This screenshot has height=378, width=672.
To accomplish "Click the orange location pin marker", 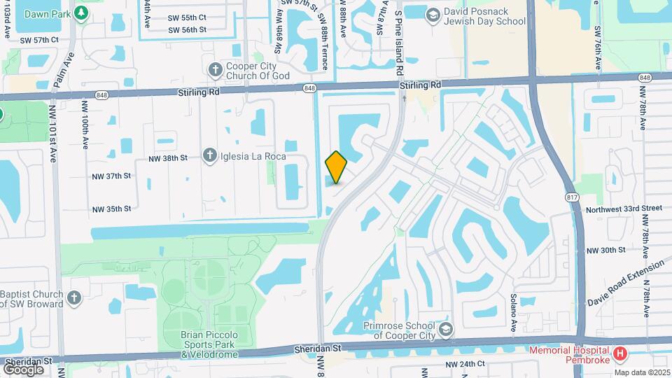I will pos(336,167).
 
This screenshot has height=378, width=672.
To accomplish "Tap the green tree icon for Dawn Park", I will pos(82,12).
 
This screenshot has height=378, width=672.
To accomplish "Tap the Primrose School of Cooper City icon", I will pos(444,329).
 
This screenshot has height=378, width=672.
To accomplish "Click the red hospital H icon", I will pos(619,355).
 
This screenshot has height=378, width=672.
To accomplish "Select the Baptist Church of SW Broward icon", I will pos(75,299).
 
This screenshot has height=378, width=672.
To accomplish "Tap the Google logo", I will pos(23,369).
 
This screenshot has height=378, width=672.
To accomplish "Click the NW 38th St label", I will pos(168,158).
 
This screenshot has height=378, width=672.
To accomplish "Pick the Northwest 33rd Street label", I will pos(624,208).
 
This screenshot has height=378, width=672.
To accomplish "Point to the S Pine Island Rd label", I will pos(398,43).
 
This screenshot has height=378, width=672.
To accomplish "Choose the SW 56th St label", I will pos(187,29).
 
